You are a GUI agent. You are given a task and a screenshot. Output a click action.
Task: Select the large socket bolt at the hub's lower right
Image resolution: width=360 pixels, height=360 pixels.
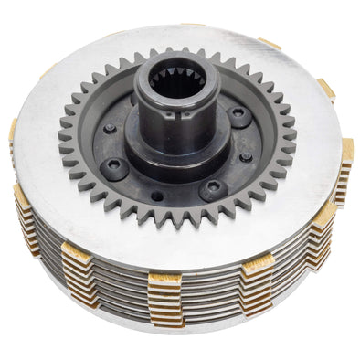(213, 187)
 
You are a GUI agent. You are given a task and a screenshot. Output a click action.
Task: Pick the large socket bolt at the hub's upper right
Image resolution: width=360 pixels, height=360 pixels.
(239, 115)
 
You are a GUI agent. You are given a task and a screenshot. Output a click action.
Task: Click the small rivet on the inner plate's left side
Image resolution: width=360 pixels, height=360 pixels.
(110, 129)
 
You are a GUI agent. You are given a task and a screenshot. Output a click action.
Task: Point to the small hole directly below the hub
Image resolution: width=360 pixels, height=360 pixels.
(158, 196)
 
